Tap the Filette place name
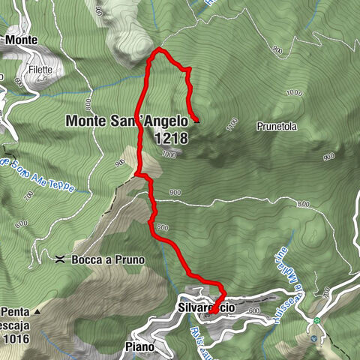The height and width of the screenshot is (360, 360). (41, 70)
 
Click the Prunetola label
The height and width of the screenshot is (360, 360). (277, 127)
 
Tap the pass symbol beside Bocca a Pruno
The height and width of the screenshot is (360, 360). (58, 259)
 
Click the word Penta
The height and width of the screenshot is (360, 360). (15, 311)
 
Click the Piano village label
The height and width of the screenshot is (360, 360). (139, 347)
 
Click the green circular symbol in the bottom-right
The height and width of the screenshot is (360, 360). (316, 320)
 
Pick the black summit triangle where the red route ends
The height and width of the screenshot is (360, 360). (196, 118)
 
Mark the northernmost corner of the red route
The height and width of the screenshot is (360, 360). (159, 50)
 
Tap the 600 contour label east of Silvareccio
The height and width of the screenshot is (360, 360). (253, 311)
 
